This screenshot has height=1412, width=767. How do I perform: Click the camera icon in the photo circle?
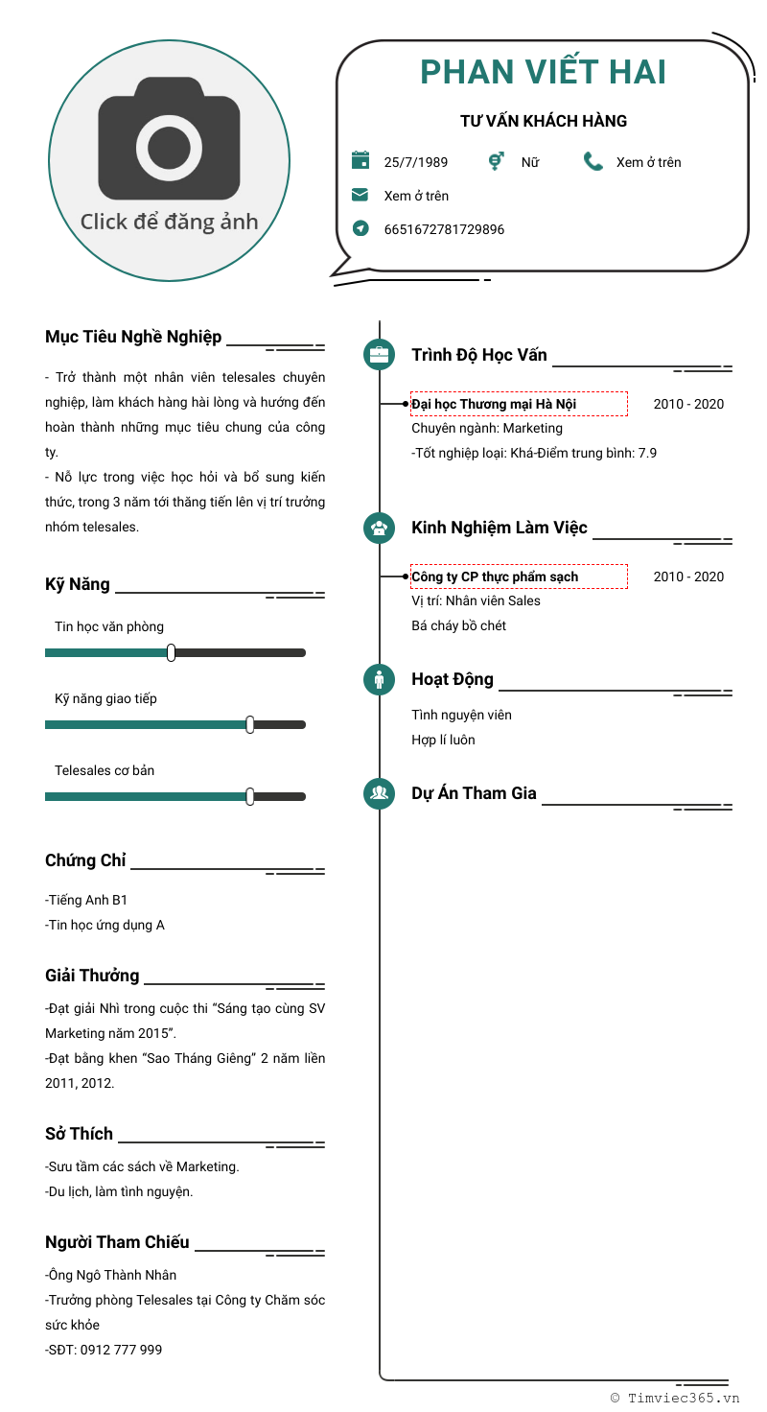pos(169,139)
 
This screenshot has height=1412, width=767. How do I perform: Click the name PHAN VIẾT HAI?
pos(543,72)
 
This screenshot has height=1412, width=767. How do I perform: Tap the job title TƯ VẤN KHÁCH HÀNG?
pos(543,121)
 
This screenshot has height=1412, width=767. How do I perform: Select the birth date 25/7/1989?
pos(415,162)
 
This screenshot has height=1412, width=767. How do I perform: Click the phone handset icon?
pos(593,161)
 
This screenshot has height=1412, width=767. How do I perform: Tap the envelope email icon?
pos(360,195)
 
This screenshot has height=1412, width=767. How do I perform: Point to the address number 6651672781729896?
pos(444,229)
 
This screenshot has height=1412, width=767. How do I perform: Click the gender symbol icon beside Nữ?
pos(496,161)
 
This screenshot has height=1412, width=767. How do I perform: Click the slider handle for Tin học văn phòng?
pos(171,652)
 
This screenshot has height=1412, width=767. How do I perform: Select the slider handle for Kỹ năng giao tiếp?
pos(249,724)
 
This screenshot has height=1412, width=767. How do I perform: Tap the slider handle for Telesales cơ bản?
pos(249,796)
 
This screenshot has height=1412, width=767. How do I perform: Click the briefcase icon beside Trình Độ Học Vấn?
pos(380,355)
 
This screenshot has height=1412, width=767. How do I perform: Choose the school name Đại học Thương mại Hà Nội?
pos(494,404)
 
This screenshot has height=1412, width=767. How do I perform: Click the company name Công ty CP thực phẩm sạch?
pos(495,577)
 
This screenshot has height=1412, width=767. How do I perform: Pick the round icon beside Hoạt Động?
pos(380,679)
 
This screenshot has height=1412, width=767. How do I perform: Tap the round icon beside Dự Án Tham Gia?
pos(380,793)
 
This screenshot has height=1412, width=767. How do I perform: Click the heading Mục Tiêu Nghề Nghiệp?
pos(133,337)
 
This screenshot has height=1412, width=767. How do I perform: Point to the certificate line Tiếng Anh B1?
pos(86,900)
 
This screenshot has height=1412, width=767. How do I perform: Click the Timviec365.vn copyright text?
pos(676,1398)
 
